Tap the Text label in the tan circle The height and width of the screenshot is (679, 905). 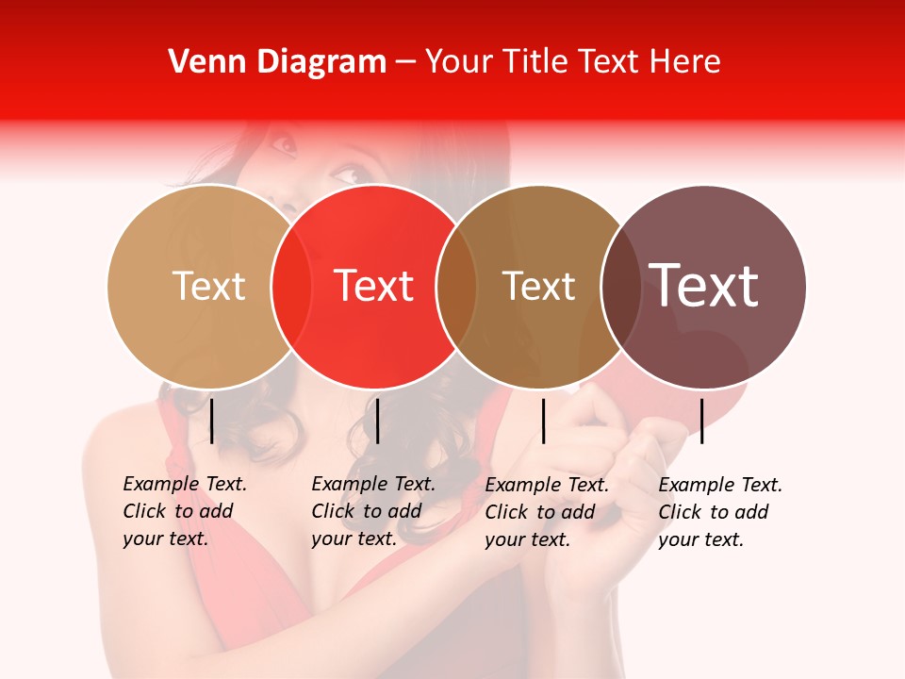[x=209, y=286]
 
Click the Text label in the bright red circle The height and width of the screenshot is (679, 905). [x=374, y=286]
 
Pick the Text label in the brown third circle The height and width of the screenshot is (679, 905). [x=539, y=286]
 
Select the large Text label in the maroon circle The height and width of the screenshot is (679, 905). [x=704, y=286]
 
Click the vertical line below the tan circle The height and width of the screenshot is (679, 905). [x=212, y=421]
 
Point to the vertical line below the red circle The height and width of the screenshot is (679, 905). [x=377, y=421]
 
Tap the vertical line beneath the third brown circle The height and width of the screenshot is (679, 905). [x=543, y=421]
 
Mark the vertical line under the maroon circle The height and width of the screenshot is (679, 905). [x=701, y=421]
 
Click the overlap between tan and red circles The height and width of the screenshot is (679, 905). [x=291, y=287]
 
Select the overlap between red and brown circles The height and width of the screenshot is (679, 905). [x=456, y=287]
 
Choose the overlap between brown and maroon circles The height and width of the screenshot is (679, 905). [x=621, y=287]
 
